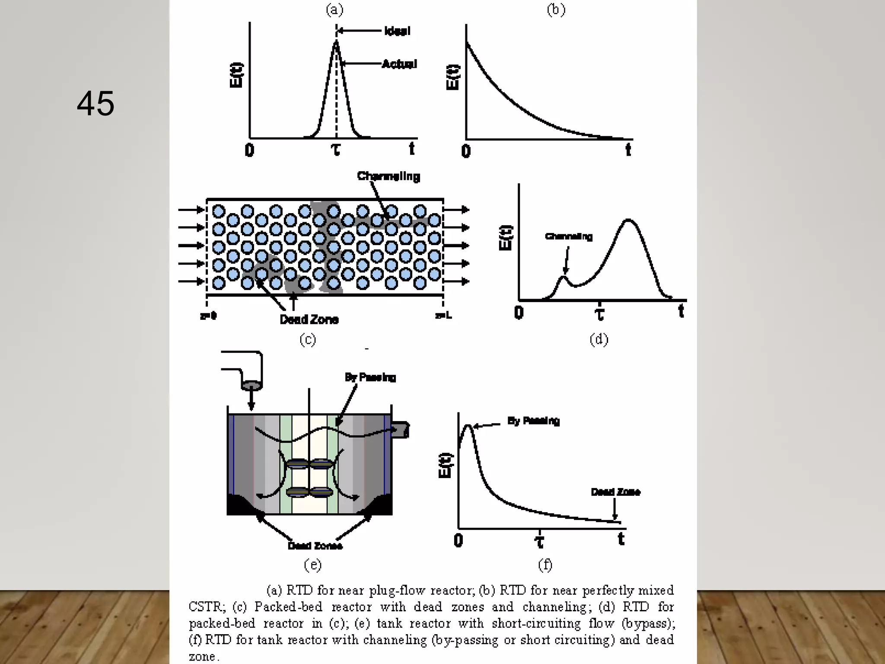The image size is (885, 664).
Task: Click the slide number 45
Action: (x=96, y=104)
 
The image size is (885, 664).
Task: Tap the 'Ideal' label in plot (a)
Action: (x=397, y=31)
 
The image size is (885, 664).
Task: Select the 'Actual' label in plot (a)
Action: (x=400, y=64)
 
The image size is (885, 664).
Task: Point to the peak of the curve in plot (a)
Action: (x=336, y=41)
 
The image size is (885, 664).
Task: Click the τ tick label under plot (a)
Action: (x=336, y=150)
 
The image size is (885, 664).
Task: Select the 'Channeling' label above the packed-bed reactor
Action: (x=388, y=176)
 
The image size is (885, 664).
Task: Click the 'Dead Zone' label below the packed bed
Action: (x=309, y=319)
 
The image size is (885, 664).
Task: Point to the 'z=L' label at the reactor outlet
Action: (x=443, y=316)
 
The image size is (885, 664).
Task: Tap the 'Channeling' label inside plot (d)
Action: (x=569, y=236)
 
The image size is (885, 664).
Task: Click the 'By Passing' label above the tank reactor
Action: (x=370, y=377)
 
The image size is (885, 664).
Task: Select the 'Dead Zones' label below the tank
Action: (x=315, y=546)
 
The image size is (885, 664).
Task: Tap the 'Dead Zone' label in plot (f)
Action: (x=615, y=492)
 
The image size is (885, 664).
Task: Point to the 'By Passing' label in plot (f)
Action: (x=533, y=421)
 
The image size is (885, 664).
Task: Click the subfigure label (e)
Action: (x=313, y=565)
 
